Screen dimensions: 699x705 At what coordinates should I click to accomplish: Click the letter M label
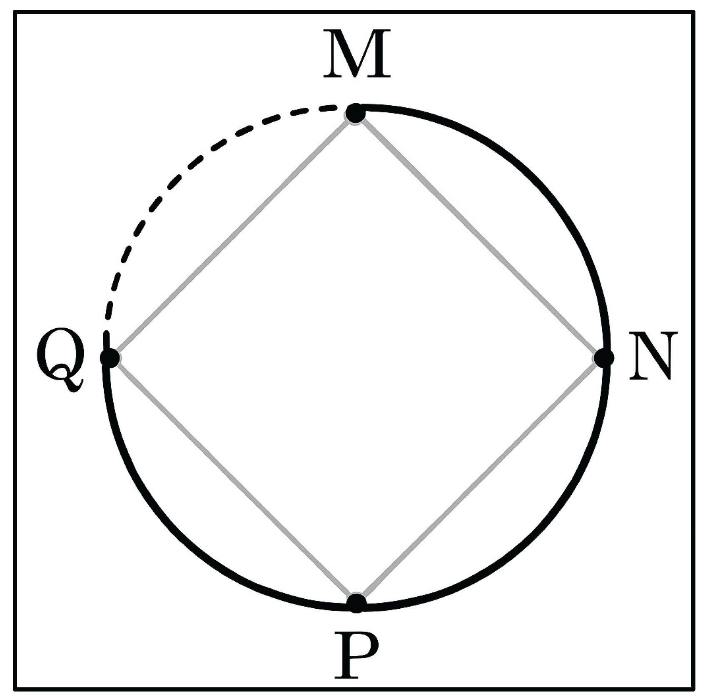click(x=357, y=54)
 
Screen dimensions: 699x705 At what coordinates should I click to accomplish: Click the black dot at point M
click(x=356, y=113)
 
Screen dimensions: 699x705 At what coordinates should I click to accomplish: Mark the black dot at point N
click(x=604, y=357)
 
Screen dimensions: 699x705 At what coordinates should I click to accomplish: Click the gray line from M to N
click(x=479, y=235)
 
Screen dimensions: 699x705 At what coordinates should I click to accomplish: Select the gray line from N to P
click(x=479, y=481)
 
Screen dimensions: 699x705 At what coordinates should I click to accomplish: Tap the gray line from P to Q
click(x=233, y=481)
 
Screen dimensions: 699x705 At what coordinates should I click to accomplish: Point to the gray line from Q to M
click(x=233, y=235)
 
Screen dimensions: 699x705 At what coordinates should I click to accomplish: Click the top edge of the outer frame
click(x=354, y=13)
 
